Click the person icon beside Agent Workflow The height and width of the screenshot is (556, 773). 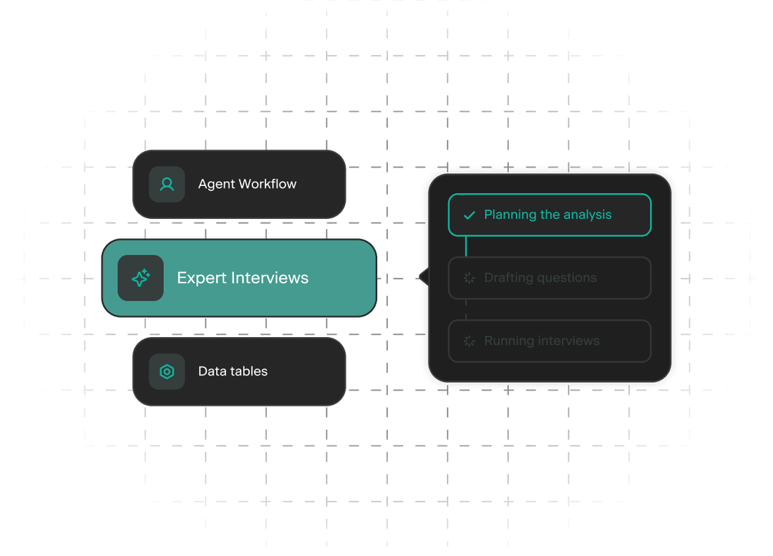pyautogui.click(x=167, y=185)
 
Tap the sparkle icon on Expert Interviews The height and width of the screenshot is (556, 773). pyautogui.click(x=140, y=278)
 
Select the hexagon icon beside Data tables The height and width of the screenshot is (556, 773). pyautogui.click(x=167, y=371)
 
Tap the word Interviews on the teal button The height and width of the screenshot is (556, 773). pyautogui.click(x=270, y=278)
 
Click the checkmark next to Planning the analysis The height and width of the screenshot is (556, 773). pyautogui.click(x=470, y=215)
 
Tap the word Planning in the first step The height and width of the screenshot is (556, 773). pyautogui.click(x=510, y=215)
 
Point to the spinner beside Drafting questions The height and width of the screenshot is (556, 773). pyautogui.click(x=470, y=278)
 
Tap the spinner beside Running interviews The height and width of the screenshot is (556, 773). pyautogui.click(x=470, y=341)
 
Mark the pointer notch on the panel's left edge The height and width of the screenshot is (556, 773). pyautogui.click(x=423, y=277)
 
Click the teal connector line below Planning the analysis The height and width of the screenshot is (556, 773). pyautogui.click(x=466, y=246)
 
